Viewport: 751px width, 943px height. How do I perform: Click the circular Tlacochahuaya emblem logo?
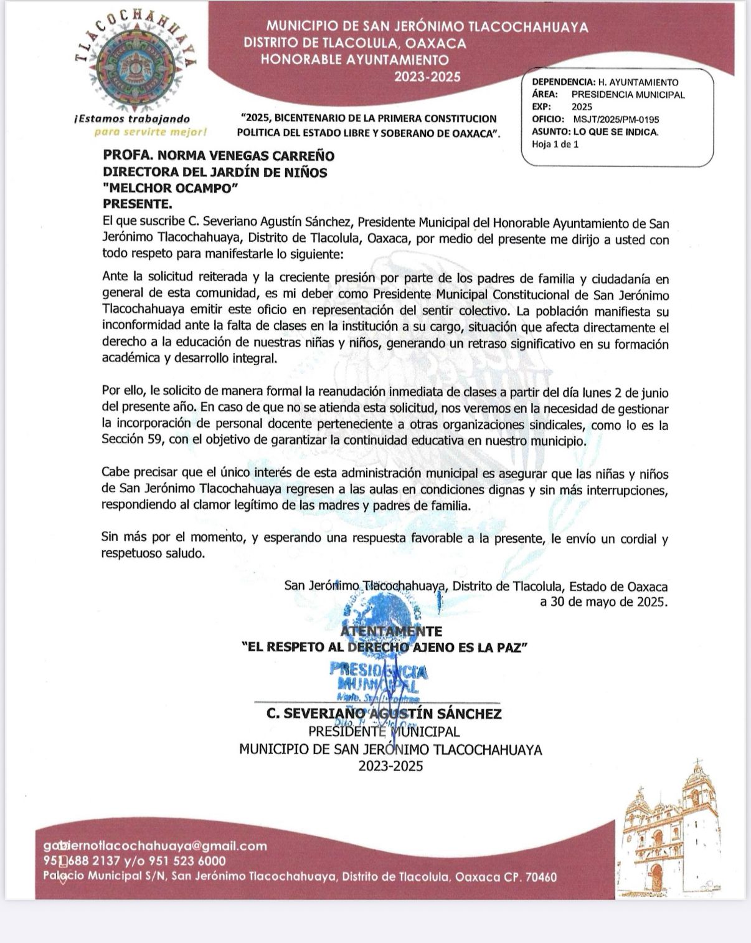[135, 64]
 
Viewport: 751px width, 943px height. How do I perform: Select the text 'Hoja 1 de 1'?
[555, 144]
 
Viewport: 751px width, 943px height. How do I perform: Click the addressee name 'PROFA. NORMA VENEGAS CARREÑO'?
[219, 156]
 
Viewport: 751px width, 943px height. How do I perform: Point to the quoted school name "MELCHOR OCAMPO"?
[171, 188]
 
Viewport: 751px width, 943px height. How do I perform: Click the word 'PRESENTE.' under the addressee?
[136, 204]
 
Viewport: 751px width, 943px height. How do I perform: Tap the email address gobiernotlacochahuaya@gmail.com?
[155, 846]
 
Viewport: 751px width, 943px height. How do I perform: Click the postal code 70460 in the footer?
[541, 877]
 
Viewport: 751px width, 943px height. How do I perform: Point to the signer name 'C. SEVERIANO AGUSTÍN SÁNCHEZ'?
[384, 714]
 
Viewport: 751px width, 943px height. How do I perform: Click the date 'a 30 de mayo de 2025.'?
[603, 602]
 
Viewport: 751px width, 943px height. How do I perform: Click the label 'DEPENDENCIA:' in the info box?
[563, 82]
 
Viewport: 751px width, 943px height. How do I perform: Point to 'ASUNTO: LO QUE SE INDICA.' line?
[595, 132]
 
